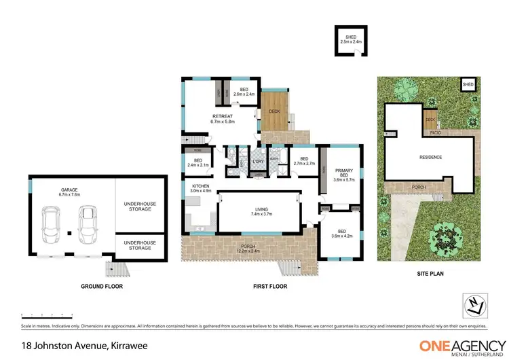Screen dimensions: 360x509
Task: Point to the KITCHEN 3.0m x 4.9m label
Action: point(200,188)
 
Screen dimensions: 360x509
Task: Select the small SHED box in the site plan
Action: point(468,85)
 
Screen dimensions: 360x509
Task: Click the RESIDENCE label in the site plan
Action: point(430,158)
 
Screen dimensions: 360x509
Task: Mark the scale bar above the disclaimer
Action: point(47,314)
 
